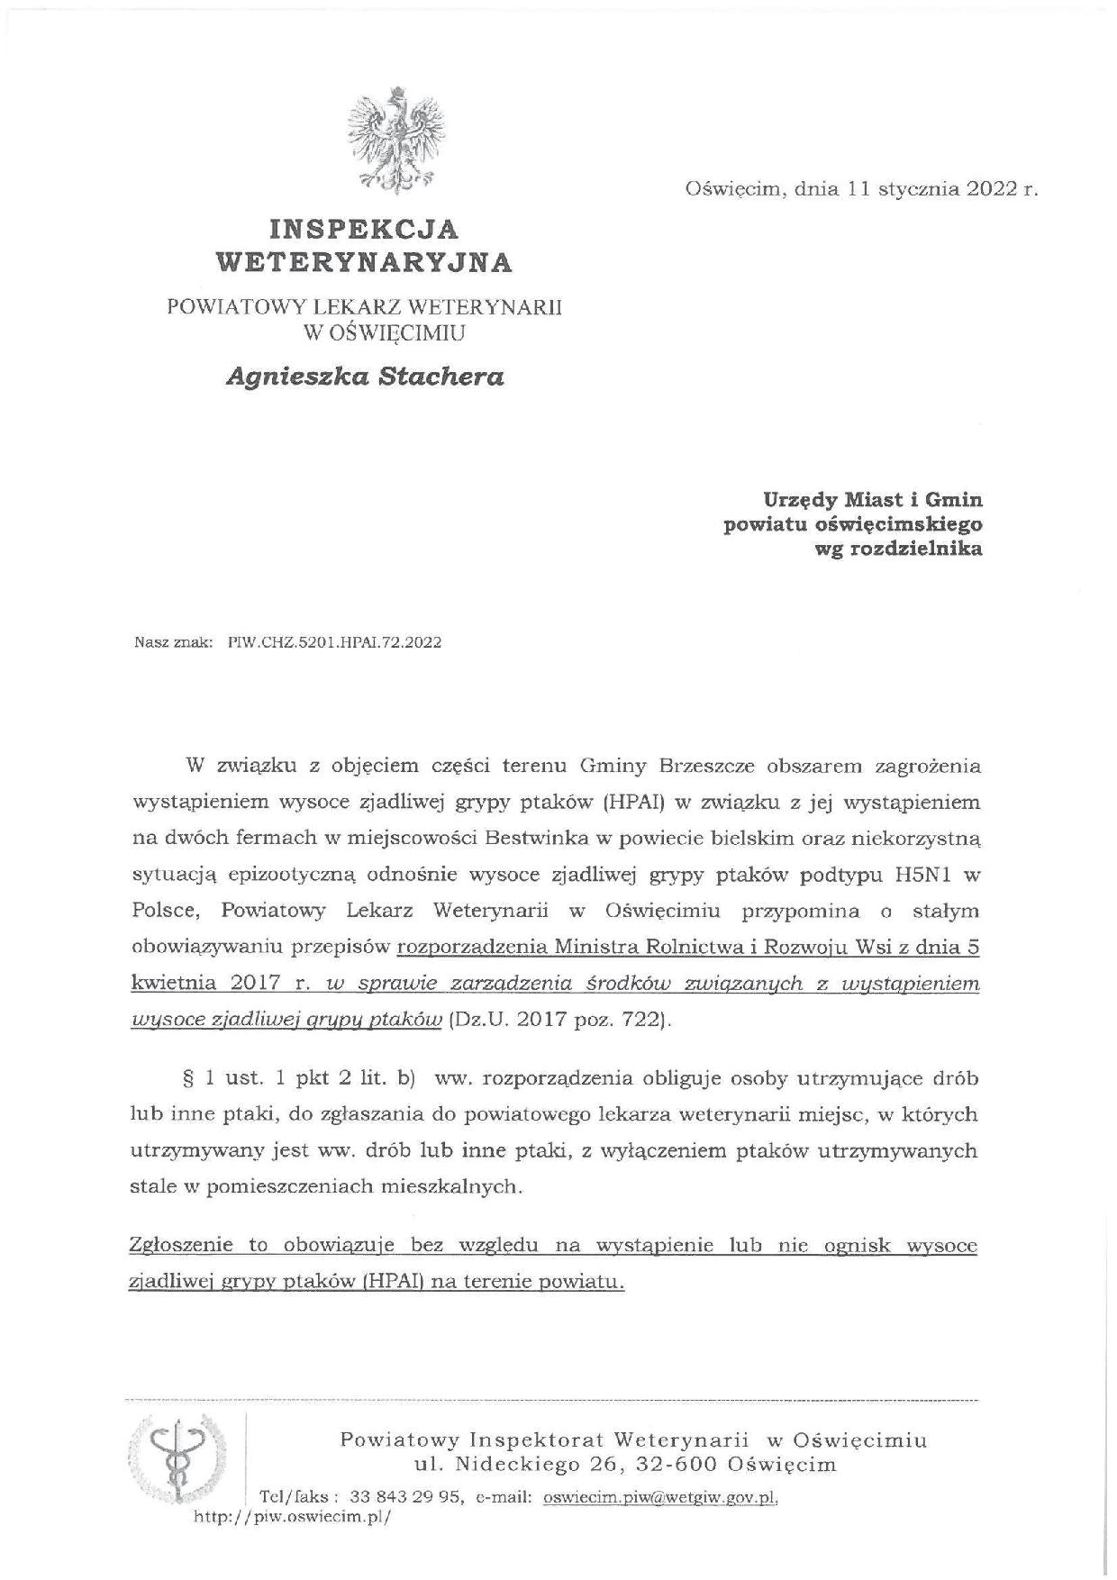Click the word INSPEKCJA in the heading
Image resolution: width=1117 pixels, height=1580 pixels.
coord(366,228)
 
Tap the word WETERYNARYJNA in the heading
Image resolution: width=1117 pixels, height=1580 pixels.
coord(365,262)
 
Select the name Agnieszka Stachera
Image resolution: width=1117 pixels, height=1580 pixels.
coord(365,377)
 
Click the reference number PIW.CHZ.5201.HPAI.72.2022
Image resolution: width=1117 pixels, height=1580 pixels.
coord(336,643)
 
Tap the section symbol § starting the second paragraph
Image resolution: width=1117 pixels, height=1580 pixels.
coord(188,1078)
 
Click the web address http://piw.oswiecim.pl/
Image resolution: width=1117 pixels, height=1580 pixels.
coord(294,1516)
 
